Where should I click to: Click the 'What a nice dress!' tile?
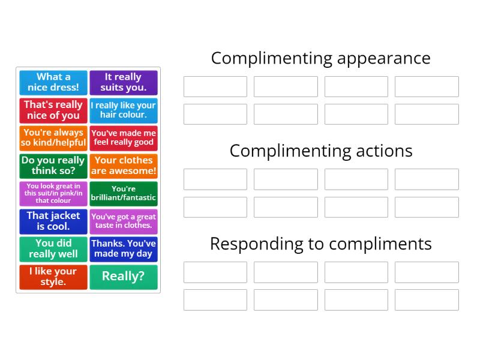point(53,82)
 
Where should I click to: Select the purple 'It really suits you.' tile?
point(124,82)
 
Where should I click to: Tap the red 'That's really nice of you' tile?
point(53,110)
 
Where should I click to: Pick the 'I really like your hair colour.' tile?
point(124,110)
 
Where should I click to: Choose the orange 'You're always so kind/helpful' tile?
point(53,138)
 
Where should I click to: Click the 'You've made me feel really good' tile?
point(124,138)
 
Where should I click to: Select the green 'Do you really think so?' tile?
point(53,166)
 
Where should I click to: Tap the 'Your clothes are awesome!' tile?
point(124,166)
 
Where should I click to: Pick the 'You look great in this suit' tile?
point(53,193)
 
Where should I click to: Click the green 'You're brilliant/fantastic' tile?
point(124,193)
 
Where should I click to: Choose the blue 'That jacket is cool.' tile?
point(53,221)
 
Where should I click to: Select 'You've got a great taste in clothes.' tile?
point(124,221)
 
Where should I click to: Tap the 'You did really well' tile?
point(53,249)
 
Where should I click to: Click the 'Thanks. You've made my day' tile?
point(124,249)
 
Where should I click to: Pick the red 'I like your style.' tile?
point(53,277)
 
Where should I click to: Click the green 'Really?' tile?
point(124,277)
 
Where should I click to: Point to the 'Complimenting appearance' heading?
point(320,58)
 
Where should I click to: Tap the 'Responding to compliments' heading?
point(320,244)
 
